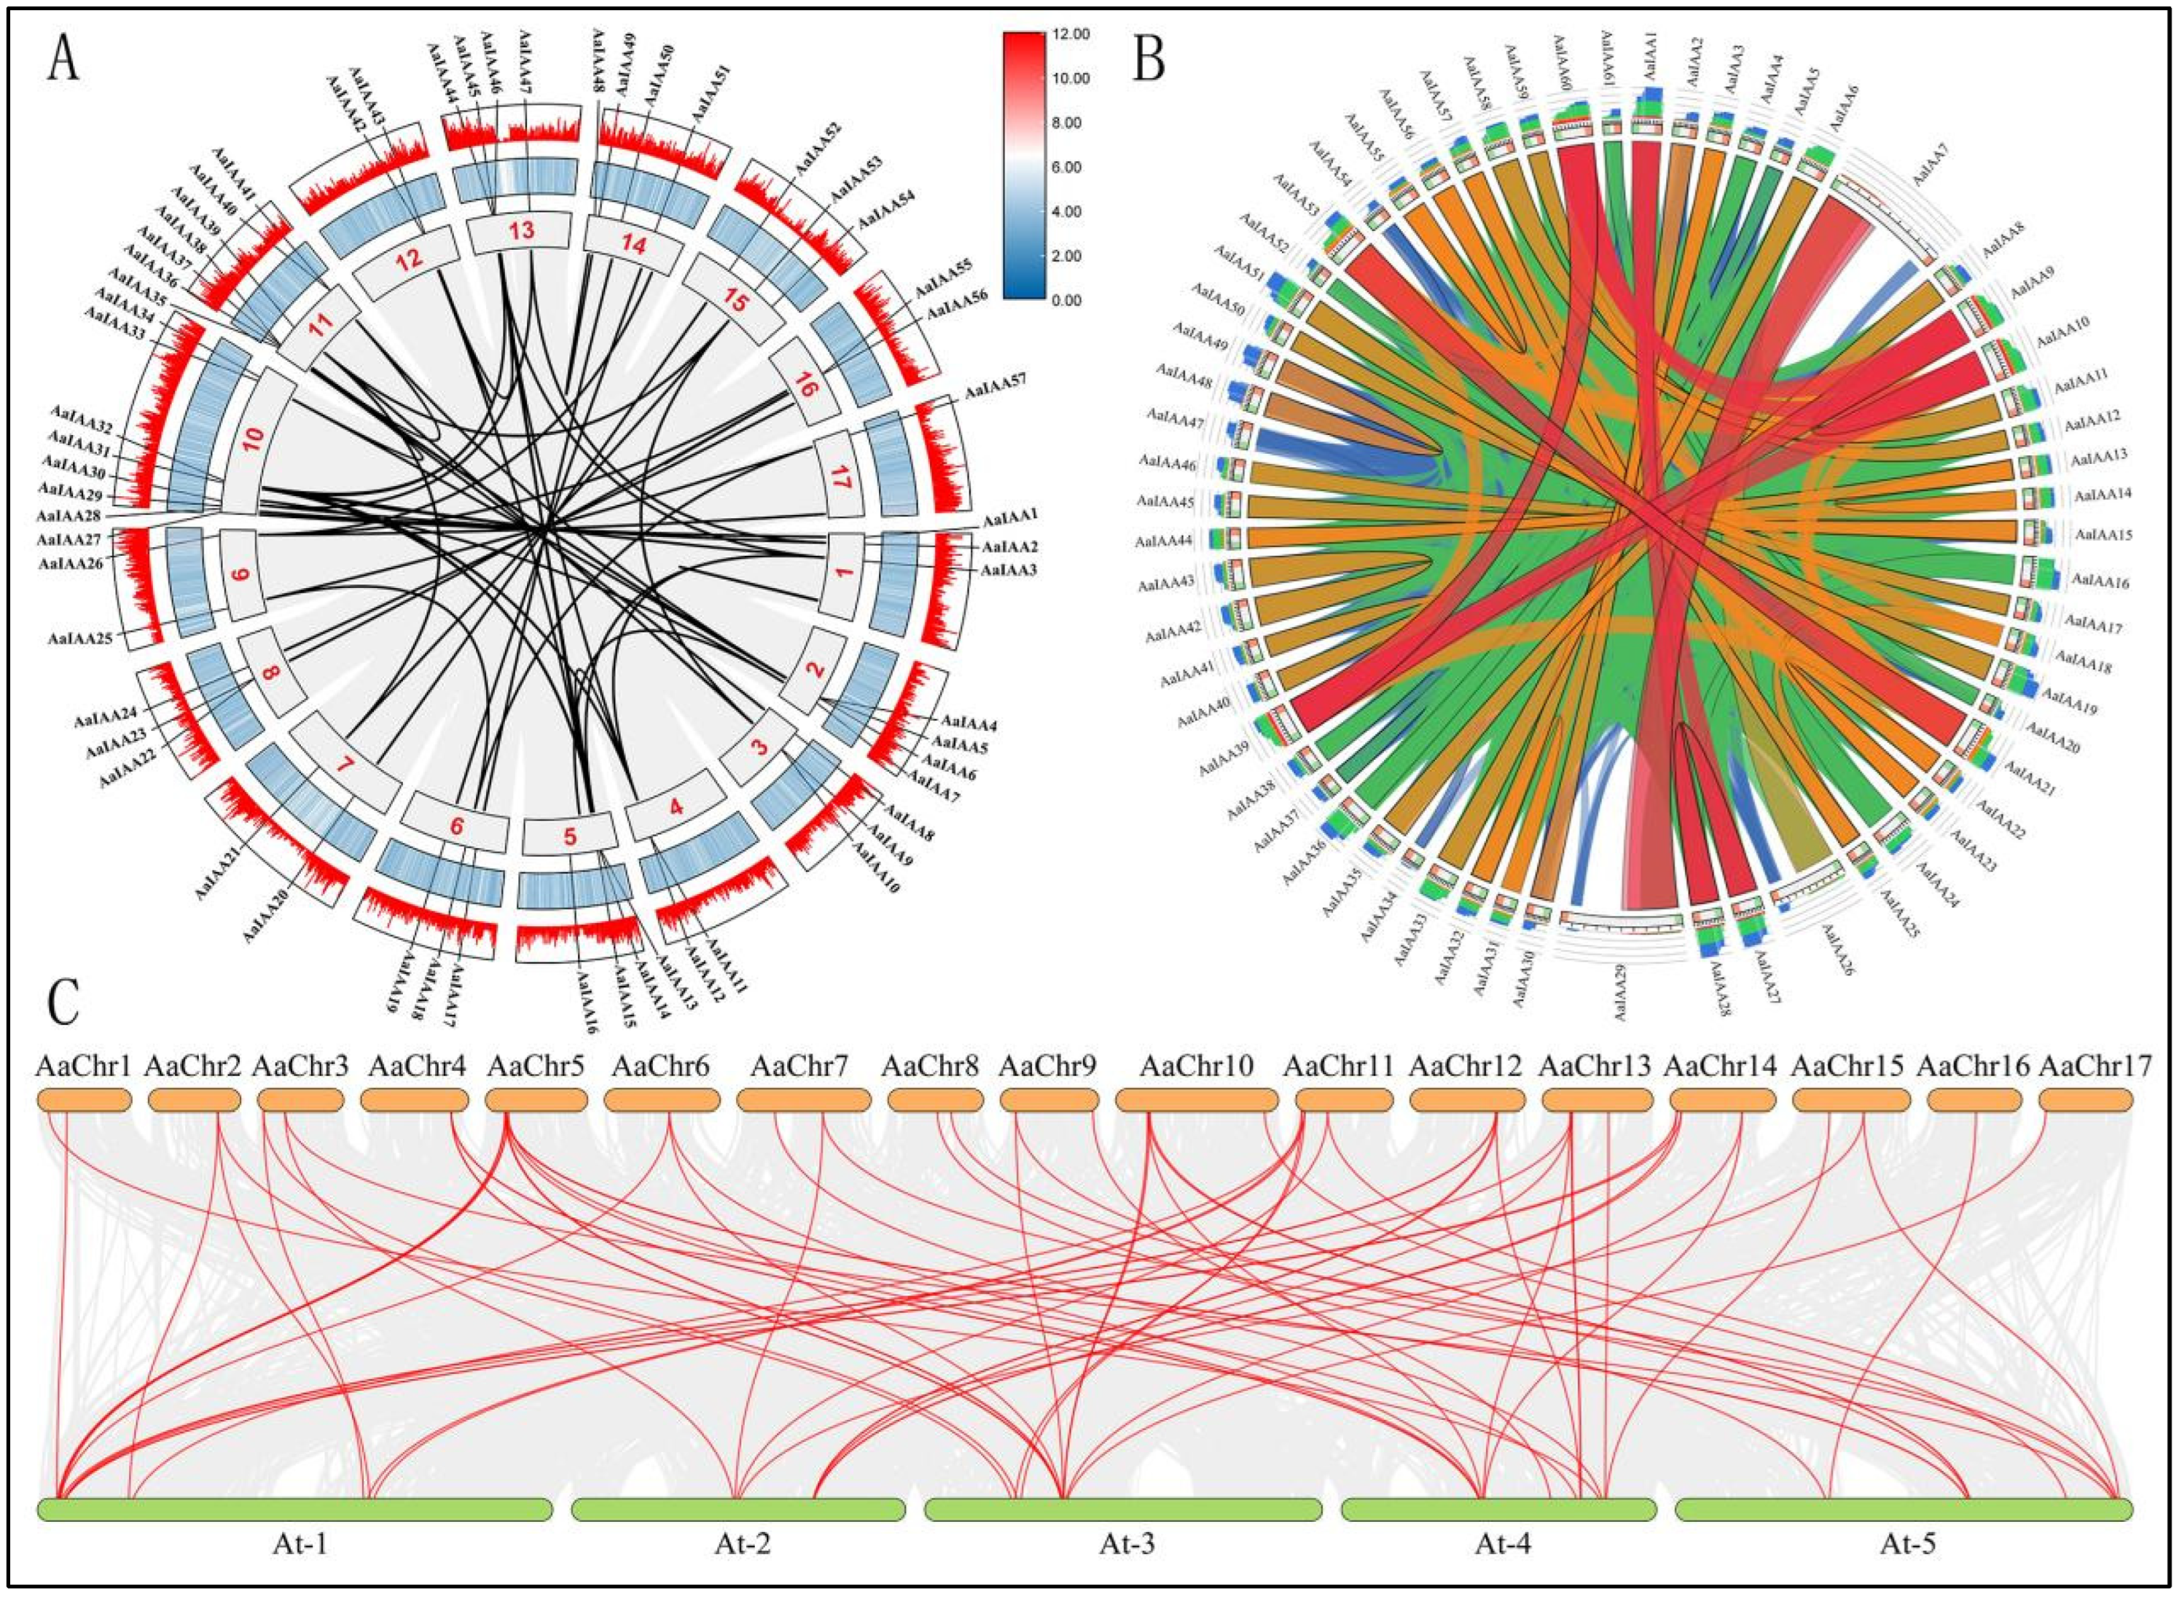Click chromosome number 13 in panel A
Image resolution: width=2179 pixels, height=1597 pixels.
tap(521, 232)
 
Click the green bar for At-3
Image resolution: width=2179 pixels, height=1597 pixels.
tap(1122, 1510)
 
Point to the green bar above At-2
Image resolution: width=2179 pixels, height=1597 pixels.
tap(739, 1510)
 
